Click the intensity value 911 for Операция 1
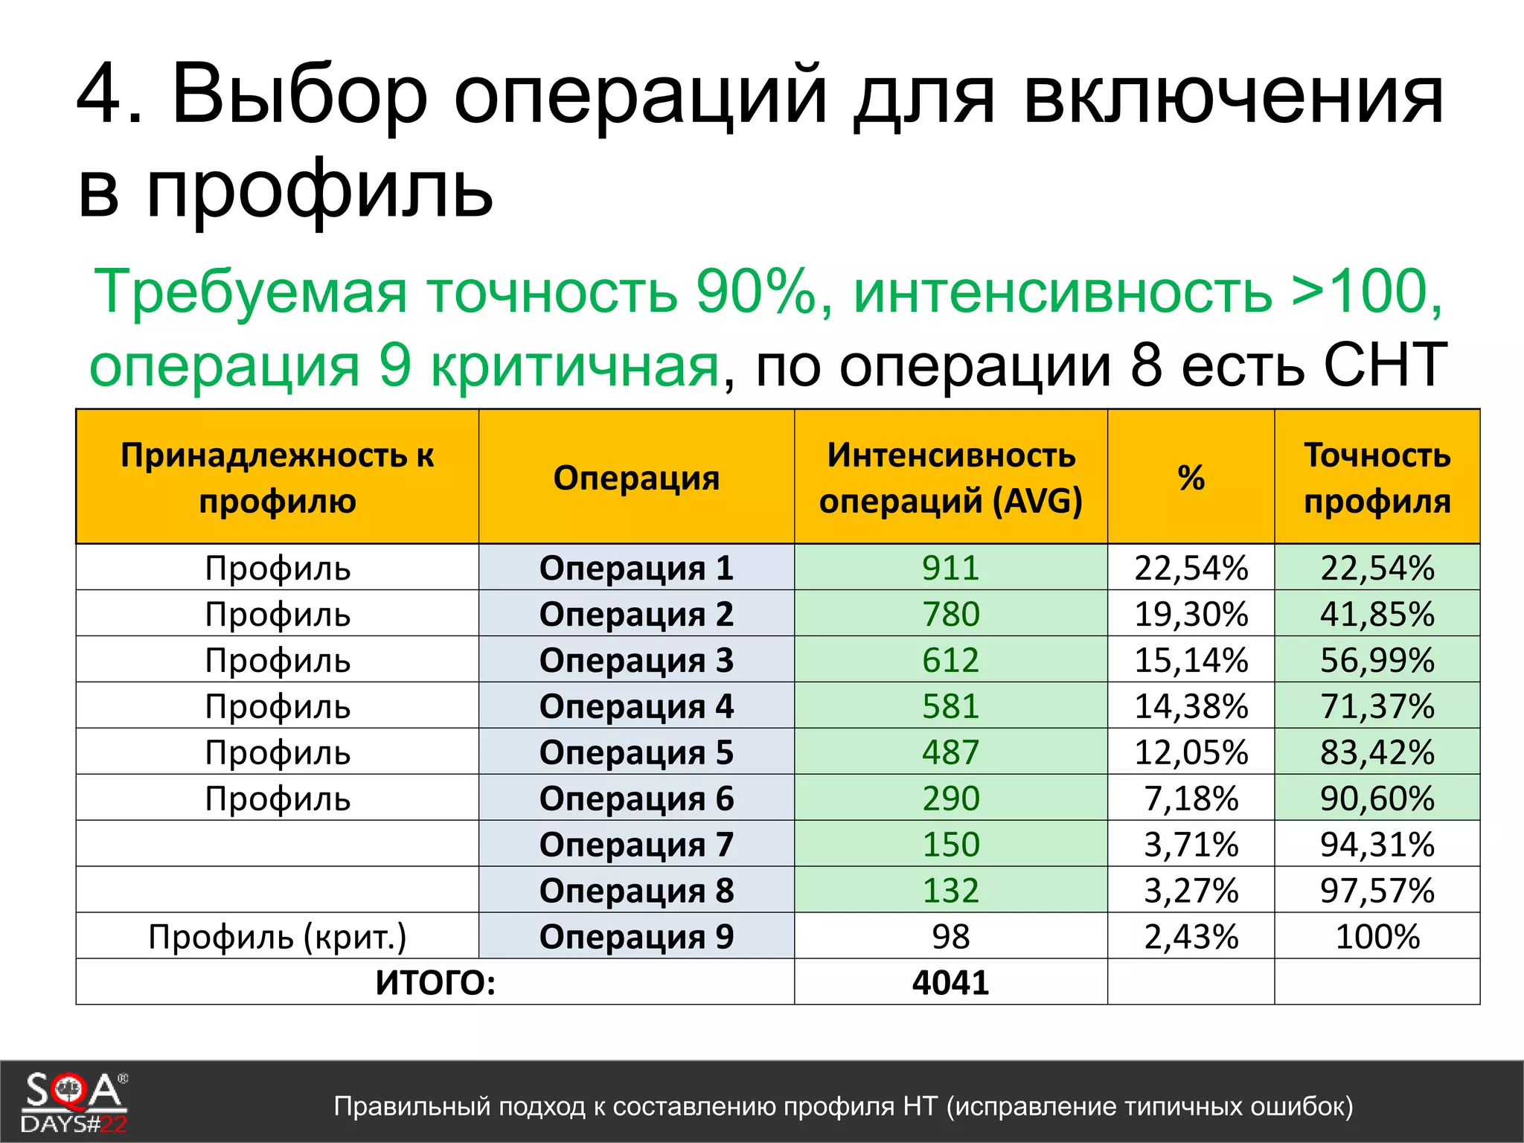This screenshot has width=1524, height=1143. [950, 568]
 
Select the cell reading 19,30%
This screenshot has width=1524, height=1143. [1191, 614]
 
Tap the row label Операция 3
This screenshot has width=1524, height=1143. [636, 660]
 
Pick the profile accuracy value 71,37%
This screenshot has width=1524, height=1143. [1377, 706]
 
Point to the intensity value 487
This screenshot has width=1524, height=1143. [950, 752]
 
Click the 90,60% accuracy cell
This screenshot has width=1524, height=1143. [1377, 798]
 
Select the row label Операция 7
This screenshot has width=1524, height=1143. [636, 845]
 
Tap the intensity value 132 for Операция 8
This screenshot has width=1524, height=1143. [950, 891]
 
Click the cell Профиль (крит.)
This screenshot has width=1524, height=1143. [277, 937]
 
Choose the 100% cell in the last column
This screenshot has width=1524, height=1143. [1377, 937]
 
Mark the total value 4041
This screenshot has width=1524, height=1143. [950, 983]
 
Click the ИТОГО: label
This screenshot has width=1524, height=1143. [435, 983]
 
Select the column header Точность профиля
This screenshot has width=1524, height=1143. [1377, 478]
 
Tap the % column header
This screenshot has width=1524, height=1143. [1191, 478]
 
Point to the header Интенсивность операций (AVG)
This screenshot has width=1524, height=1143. [950, 478]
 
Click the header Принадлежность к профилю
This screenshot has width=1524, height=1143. [277, 478]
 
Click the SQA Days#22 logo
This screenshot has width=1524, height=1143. [74, 1101]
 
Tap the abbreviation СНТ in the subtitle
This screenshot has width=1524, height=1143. [1384, 365]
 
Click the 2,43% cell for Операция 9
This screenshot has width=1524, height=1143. [1191, 937]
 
